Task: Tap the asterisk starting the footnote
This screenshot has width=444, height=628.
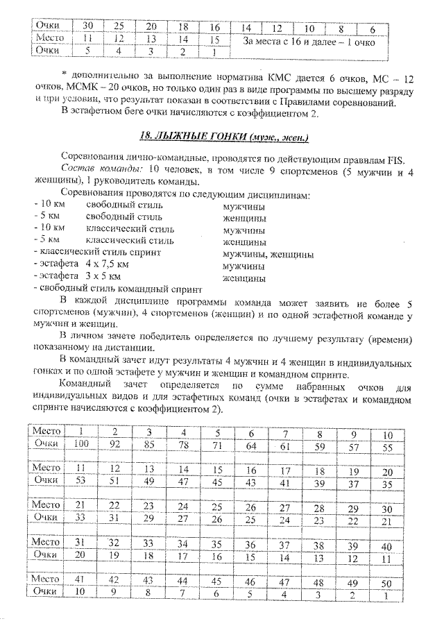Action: (63, 73)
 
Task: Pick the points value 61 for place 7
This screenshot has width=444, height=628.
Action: (284, 445)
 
